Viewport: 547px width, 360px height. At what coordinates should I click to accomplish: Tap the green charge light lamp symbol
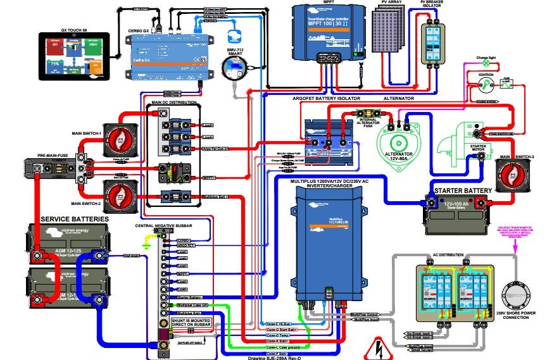486,63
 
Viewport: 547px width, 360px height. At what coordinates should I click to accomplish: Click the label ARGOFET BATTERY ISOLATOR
326,99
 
